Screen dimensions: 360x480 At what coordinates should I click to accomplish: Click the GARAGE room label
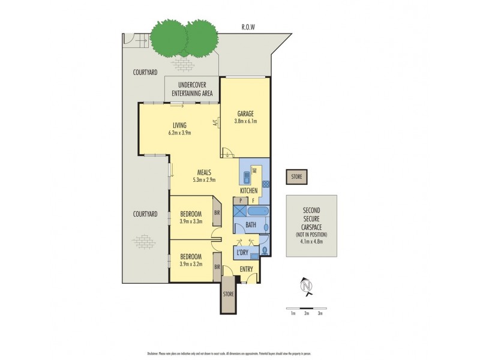(x=244, y=113)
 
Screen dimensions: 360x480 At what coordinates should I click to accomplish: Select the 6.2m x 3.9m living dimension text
(x=179, y=133)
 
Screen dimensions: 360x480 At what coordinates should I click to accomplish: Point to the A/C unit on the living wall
(x=214, y=124)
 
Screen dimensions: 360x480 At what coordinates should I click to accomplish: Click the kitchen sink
(x=247, y=177)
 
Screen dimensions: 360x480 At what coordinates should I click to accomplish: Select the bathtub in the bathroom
(x=257, y=211)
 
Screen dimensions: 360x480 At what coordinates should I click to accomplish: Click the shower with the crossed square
(x=239, y=212)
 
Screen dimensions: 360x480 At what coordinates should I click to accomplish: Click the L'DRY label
(x=243, y=253)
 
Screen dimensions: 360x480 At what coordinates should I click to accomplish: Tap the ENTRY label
(x=247, y=269)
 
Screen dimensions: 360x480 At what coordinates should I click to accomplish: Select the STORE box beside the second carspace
(x=296, y=176)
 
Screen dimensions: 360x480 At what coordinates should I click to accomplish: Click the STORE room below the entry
(x=228, y=295)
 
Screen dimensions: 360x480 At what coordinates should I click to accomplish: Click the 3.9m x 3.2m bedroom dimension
(x=191, y=263)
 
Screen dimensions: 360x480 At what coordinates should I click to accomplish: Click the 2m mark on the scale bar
(x=306, y=313)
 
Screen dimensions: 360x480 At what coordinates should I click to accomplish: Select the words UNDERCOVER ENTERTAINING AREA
(x=192, y=89)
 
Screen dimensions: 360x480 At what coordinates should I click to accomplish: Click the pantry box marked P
(x=240, y=200)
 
